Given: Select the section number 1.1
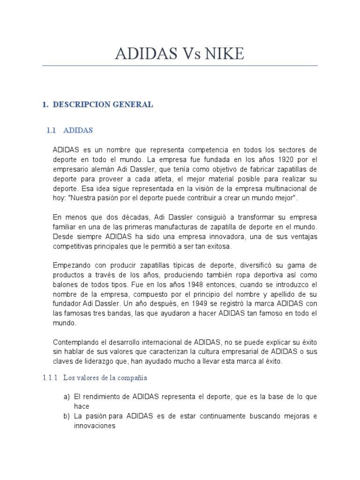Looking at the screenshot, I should (x=52, y=130).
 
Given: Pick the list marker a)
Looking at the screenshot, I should (x=67, y=397).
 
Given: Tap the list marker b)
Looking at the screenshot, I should (x=67, y=417).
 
